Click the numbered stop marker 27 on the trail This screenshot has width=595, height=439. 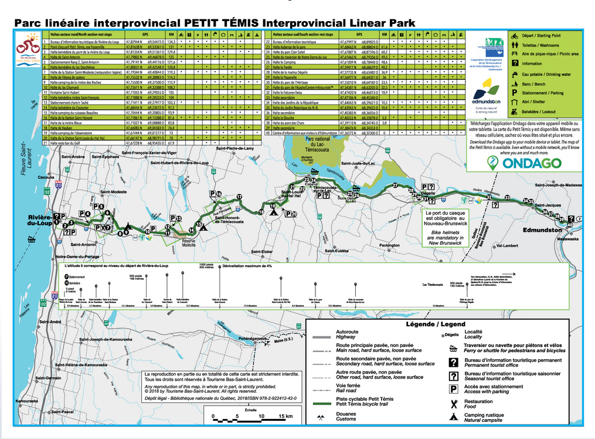pyautogui.click(x=395, y=185)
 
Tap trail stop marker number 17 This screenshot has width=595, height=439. pyautogui.click(x=239, y=197)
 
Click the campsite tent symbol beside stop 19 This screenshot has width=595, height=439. pyautogui.click(x=273, y=212)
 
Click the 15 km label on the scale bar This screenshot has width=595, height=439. pyautogui.click(x=285, y=416)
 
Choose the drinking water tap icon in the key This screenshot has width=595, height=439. pyautogui.click(x=513, y=74)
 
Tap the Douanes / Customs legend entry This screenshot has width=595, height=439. pyautogui.click(x=346, y=416)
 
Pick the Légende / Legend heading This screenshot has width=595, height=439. pyautogui.click(x=436, y=324)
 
